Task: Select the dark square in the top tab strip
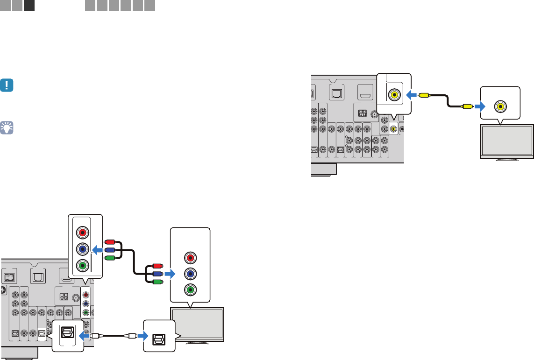29,6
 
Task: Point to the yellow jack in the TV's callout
500,106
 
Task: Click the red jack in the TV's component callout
190,257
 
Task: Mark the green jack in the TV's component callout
190,289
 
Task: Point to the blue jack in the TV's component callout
190,273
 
